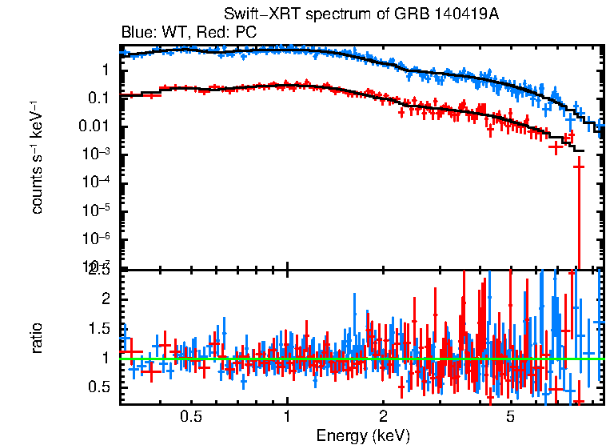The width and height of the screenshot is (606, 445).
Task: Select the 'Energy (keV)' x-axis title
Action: (x=363, y=435)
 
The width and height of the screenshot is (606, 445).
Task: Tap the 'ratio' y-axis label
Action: (x=37, y=338)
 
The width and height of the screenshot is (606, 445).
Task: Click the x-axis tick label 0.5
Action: (x=190, y=417)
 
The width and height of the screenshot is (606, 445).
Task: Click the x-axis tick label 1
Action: (x=287, y=417)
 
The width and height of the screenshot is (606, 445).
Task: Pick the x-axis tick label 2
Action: (x=383, y=417)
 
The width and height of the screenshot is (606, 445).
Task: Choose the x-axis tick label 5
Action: (x=510, y=417)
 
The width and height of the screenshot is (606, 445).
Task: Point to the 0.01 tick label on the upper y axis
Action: (x=94, y=126)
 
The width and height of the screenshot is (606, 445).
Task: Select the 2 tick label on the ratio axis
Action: (x=104, y=299)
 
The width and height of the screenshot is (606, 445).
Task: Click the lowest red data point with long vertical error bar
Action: (x=579, y=166)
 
